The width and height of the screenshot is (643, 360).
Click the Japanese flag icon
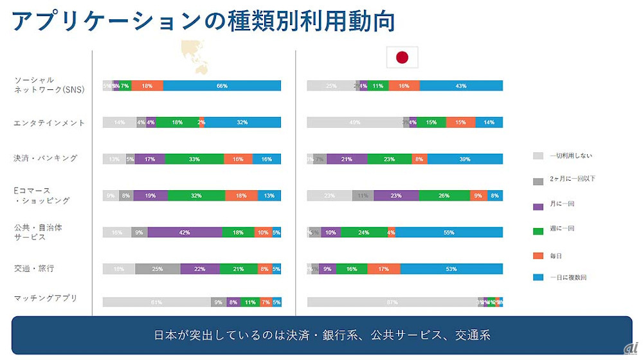pos(402,58)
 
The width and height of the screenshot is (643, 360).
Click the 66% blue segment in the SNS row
pos(222,85)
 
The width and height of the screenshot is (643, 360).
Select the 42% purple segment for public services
pos(185,232)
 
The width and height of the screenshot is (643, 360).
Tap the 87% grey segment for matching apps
pos(392,302)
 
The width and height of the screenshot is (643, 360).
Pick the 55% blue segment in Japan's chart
pos(449,232)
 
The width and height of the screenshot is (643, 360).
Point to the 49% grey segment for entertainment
pos(355,122)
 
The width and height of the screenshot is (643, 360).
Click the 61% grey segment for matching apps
pos(157,302)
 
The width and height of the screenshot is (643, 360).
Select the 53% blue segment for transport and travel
pos(451,269)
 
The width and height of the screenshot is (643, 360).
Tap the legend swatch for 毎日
pos(538,256)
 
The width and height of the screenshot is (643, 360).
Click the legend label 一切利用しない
pos(572,156)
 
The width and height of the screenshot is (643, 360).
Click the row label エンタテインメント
pos(50,123)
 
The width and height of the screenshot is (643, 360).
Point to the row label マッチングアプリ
pos(46,298)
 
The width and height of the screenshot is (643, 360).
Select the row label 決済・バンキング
pos(46,158)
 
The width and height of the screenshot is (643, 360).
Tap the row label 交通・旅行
pos(33,269)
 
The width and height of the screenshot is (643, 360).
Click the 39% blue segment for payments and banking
pos(465,159)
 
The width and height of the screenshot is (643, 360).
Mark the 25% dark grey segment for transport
pos(158,269)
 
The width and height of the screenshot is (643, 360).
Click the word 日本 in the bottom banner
pos(163,335)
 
